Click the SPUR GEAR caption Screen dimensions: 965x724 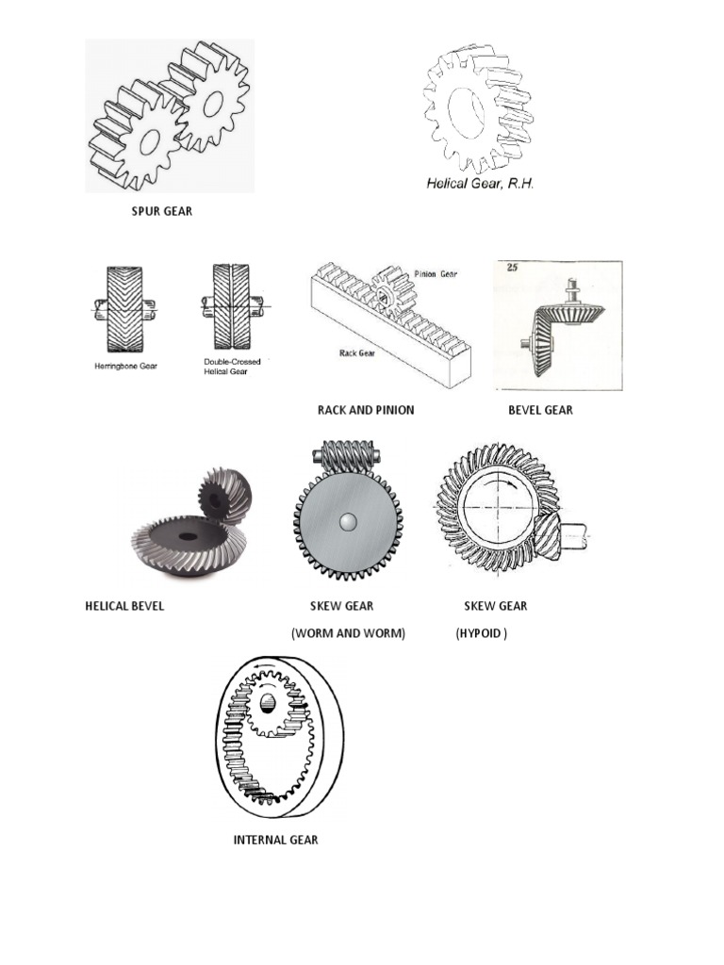pos(161,211)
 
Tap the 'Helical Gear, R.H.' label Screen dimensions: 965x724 pos(480,184)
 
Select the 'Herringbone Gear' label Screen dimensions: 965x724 pos(125,365)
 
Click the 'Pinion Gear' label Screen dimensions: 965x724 pos(436,273)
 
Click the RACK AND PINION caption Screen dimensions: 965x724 pos(365,410)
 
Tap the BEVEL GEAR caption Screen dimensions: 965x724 pos(540,410)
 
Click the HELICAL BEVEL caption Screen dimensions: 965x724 pos(124,606)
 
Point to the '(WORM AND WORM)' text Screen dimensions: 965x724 pos(348,633)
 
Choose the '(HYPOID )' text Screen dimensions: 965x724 pos(481,633)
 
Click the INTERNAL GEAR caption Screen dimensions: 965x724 pos(275,840)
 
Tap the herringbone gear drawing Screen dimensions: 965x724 pos(123,307)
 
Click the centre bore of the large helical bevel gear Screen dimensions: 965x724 pos(185,538)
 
